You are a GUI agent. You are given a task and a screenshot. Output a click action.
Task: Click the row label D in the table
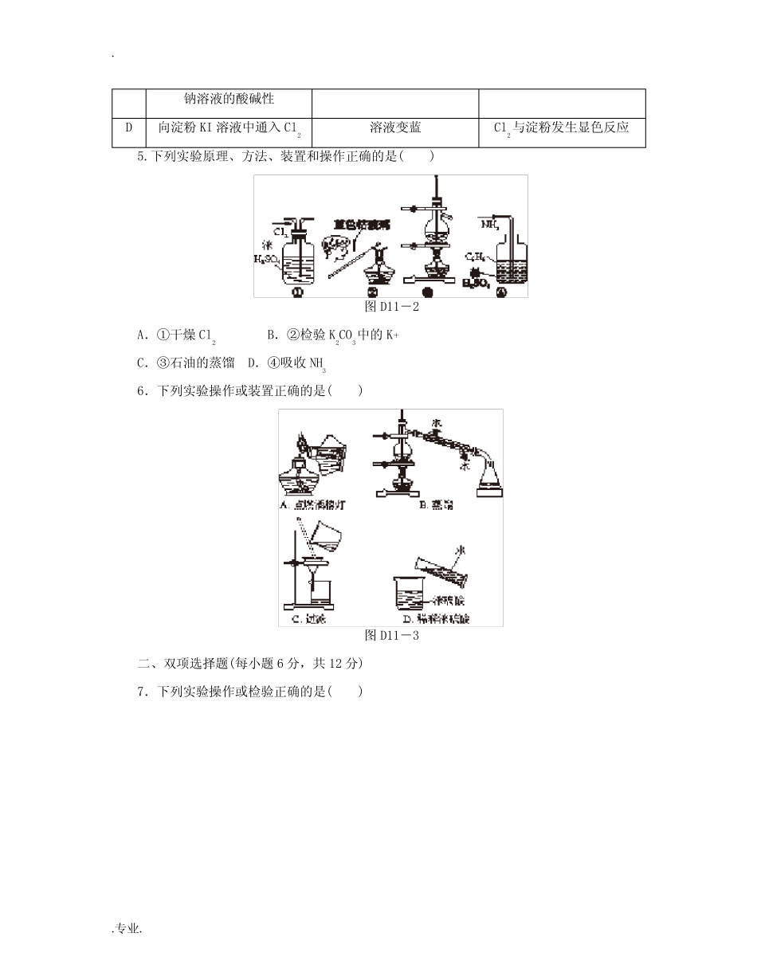pos(129,127)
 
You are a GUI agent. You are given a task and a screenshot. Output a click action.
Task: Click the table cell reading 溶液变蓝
pos(395,127)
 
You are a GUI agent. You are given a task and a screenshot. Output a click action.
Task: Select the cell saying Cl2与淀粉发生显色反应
pos(562,127)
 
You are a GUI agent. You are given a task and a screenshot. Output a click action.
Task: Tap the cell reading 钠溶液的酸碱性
pos(229,99)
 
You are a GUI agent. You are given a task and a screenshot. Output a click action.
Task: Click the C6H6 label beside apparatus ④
pos(477,257)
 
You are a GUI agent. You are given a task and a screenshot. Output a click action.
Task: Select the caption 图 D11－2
pos(391,307)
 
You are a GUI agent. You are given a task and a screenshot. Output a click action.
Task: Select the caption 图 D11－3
pos(391,635)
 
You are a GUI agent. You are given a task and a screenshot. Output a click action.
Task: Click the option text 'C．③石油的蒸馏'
pos(186,363)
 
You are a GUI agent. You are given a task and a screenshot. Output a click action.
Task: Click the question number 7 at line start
pos(141,692)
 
